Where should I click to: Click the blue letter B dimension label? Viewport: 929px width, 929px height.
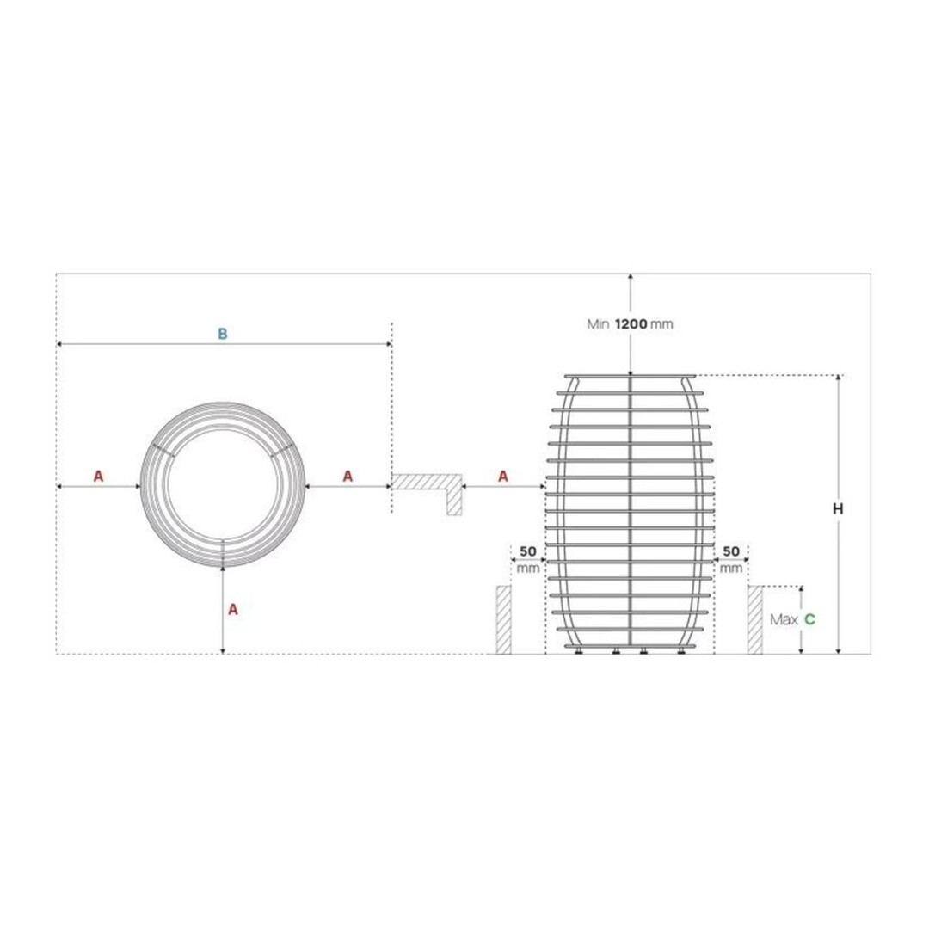point(222,334)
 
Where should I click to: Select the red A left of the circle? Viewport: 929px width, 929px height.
point(98,476)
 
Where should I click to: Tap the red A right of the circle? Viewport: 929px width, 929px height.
point(348,476)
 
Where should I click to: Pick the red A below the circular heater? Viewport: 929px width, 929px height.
point(232,609)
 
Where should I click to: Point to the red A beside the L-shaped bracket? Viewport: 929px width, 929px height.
point(503,476)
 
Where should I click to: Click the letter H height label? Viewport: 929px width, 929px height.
point(838,508)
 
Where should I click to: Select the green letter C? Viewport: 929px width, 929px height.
point(809,619)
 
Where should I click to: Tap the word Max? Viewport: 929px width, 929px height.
point(782,619)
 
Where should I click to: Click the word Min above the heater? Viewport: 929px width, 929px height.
point(598,324)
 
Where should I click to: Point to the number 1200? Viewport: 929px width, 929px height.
point(631,324)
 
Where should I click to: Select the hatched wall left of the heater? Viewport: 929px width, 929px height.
point(504,619)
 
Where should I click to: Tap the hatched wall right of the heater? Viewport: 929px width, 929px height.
point(754,619)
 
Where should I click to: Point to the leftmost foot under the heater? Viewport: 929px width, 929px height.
point(582,651)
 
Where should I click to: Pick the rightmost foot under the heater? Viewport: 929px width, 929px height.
point(680,651)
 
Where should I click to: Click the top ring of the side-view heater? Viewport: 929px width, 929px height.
point(631,376)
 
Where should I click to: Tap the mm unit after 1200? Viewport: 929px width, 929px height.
point(661,324)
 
